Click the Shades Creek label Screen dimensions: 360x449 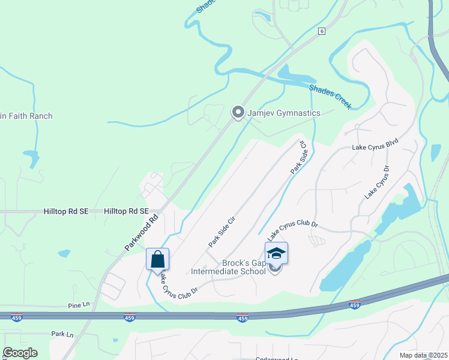(330, 96)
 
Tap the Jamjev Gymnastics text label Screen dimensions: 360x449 (285, 113)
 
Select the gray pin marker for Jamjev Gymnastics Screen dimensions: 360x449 (238, 112)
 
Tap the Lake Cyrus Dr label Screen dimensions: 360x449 (377, 182)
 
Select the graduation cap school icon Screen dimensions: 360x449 (276, 253)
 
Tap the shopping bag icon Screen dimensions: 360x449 (157, 260)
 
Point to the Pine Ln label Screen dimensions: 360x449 (79, 305)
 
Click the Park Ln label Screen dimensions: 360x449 (62, 334)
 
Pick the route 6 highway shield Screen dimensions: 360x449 (322, 32)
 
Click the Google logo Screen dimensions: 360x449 (20, 353)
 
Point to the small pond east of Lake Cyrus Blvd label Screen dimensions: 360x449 (435, 152)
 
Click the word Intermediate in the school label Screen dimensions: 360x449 (213, 271)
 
